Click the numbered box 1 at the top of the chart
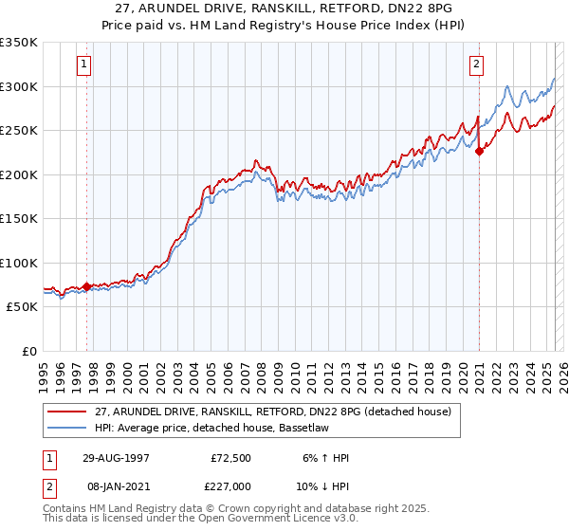(84, 64)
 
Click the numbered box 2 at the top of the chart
(475, 64)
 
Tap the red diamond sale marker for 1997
(87, 286)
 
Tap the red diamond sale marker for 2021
(480, 150)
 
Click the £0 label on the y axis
(28, 351)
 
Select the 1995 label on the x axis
(44, 370)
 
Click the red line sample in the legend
(67, 412)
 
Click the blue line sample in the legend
(67, 428)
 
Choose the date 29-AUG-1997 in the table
(114, 458)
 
